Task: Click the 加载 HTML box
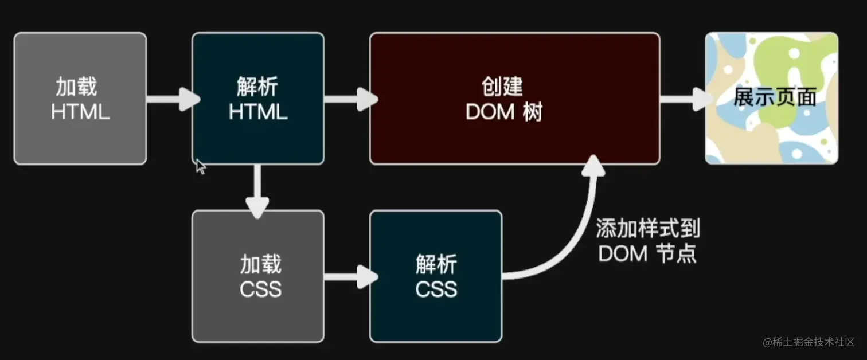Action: pos(80,98)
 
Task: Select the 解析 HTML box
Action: pos(257,98)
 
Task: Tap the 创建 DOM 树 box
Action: pos(514,98)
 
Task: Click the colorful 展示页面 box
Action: pos(771,98)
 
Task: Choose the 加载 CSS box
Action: pos(257,276)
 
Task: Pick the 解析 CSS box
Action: pos(436,276)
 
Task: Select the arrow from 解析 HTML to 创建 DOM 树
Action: pos(348,99)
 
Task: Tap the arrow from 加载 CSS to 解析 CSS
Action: pos(348,277)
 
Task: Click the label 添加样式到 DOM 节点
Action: pos(647,241)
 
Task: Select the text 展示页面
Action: pos(775,98)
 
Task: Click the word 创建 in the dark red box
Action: pos(502,87)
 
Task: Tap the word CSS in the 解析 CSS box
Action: pos(436,288)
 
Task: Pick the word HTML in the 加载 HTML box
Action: pos(80,111)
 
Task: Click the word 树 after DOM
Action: pos(533,112)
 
